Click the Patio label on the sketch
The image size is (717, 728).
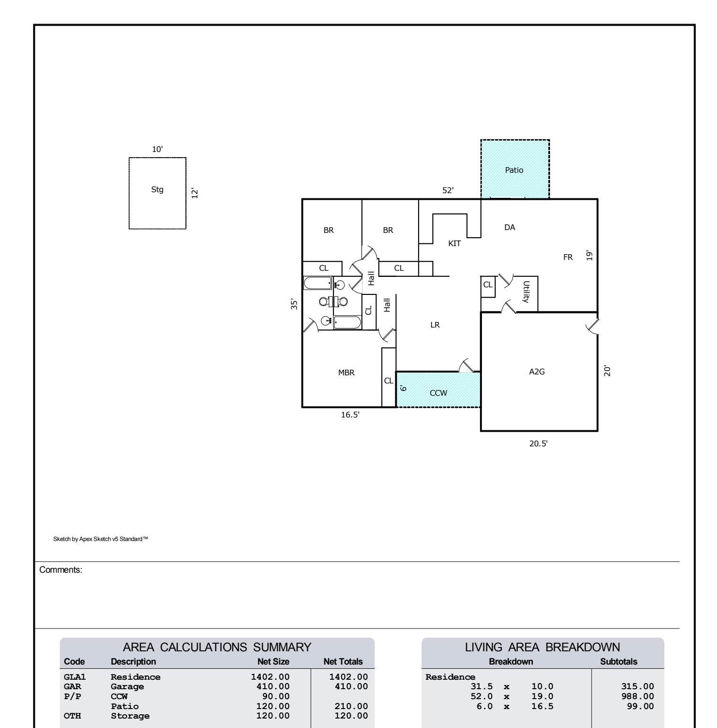coord(514,170)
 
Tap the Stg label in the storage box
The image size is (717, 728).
coord(157,190)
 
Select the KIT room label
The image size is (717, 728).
coord(455,244)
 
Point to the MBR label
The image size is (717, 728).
coord(346,373)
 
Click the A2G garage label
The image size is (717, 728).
coord(537,372)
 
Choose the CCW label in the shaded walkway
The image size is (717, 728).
coord(438,393)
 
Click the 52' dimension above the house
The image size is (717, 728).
coord(448,190)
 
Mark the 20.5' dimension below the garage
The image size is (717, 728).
coord(538,444)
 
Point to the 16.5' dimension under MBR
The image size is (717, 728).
coord(350,415)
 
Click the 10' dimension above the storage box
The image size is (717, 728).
coord(157,149)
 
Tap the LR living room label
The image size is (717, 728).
coord(435,325)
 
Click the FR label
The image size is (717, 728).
coord(568,257)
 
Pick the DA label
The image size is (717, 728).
coord(509,227)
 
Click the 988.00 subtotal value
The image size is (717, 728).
coord(638,696)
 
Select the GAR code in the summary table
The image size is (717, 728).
coord(72,686)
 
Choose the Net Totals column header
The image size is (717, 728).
coord(343,661)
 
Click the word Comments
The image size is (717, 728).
coord(61,570)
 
